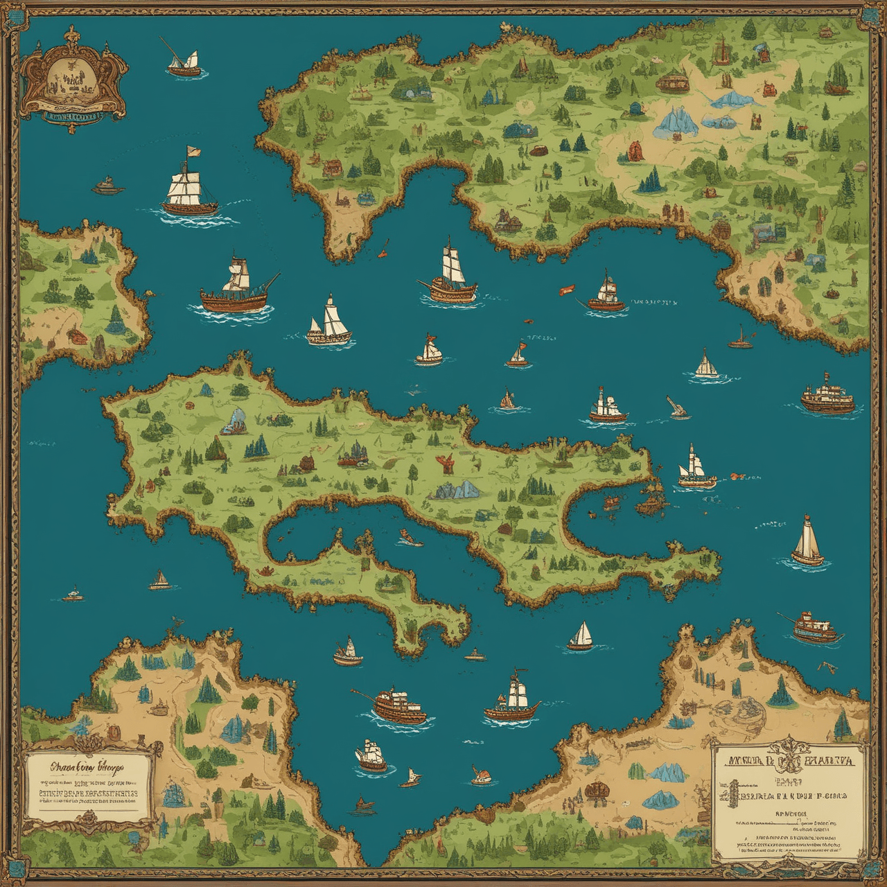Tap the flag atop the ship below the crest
(192, 150)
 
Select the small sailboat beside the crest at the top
(184, 63)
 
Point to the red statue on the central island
(444, 463)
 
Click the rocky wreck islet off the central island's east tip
(648, 504)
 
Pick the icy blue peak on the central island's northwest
(236, 420)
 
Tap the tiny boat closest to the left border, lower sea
(73, 595)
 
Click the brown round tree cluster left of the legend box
(595, 790)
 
